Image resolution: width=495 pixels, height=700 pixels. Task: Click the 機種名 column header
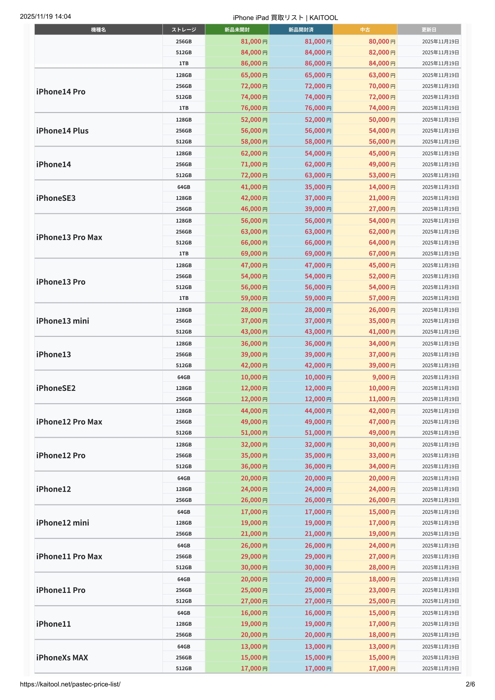coord(98,30)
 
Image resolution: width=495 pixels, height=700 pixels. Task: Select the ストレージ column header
coord(184,30)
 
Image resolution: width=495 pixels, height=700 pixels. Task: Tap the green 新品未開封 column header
coord(237,30)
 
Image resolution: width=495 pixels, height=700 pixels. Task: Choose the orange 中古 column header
coord(365,30)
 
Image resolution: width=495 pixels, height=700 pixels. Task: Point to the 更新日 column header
coord(429,30)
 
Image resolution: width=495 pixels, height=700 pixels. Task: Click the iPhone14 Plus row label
coord(62,131)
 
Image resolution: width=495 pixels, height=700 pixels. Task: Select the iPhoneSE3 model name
coord(56,198)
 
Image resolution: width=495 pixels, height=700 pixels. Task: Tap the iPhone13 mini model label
coord(63,321)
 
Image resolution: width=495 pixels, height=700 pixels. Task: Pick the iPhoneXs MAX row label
coord(62,657)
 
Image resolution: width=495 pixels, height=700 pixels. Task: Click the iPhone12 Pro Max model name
coord(69,422)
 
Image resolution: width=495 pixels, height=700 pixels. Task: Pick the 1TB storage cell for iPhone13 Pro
coord(184,298)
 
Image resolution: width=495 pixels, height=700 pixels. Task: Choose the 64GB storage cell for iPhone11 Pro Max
coord(184,546)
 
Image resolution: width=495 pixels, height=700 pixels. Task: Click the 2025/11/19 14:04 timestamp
coord(46,16)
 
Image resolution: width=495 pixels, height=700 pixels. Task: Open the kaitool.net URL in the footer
coord(70,684)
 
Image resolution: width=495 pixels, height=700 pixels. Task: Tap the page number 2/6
coord(470,684)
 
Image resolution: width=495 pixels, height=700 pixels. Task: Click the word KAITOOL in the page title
coord(324,18)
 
